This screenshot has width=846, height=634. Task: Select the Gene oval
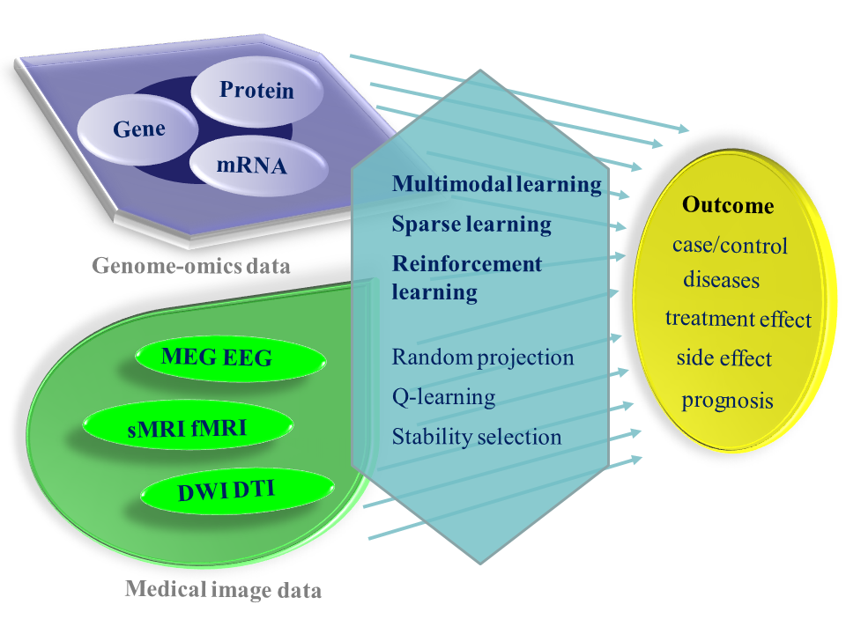pos(138,129)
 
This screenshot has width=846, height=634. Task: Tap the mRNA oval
pos(258,165)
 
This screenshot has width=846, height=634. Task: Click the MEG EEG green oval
pos(230,358)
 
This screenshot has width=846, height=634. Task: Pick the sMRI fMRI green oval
pos(187,426)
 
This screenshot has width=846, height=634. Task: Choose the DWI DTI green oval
pos(237,490)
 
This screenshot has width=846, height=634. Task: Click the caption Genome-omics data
pos(191,266)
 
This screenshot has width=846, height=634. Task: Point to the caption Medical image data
pos(223,589)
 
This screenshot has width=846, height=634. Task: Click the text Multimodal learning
pos(497,184)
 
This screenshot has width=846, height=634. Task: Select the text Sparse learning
pos(471,225)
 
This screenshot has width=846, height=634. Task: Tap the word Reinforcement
pos(467,263)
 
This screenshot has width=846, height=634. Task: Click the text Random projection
pos(483,358)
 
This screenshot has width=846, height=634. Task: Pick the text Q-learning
pos(443,397)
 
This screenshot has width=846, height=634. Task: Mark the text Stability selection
pos(477,437)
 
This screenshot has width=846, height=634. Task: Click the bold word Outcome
pos(728,205)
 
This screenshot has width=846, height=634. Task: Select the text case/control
pos(730,246)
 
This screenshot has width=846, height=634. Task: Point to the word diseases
pos(722,280)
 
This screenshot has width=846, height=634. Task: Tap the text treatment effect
pos(738,319)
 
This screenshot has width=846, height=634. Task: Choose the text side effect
pos(724,358)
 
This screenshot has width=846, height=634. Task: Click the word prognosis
pos(727,401)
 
